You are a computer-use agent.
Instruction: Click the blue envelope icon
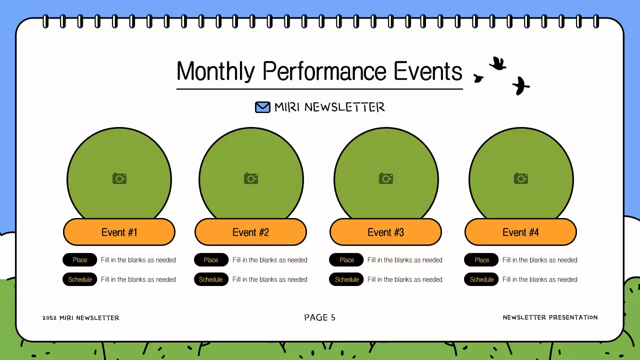(262, 107)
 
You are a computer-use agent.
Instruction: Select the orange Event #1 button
(119, 232)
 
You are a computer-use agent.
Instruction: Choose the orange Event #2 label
(250, 232)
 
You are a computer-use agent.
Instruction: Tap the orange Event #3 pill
(385, 232)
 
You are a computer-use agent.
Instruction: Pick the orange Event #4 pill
(520, 232)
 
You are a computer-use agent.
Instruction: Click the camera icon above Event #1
(119, 178)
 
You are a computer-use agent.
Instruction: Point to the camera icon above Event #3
(386, 178)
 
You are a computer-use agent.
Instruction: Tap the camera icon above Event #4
(521, 178)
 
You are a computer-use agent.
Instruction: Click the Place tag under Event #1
(79, 259)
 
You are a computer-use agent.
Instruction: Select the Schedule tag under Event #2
(211, 279)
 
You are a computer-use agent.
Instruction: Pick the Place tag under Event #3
(346, 259)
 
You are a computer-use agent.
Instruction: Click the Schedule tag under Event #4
(481, 279)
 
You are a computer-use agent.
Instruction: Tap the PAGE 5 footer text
(319, 317)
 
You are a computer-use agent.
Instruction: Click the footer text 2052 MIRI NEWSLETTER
(81, 317)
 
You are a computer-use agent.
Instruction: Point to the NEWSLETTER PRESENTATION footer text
(550, 317)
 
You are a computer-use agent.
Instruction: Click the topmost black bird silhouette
(498, 63)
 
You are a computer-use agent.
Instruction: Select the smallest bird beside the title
(478, 78)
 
